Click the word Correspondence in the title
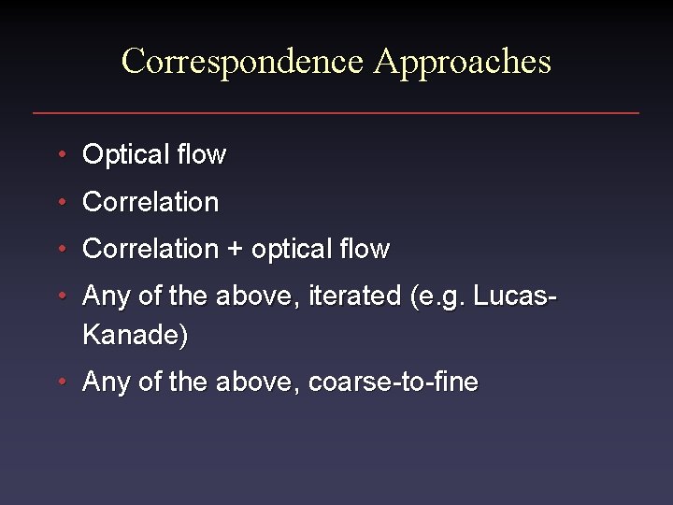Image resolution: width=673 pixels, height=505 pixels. pos(242,62)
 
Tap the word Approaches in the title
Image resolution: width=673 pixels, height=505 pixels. pos(462,62)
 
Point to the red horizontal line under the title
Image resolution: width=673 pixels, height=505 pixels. pos(336,113)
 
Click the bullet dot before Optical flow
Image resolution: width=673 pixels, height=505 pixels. pos(61,154)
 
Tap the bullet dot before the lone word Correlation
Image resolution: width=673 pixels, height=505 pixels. pos(61,202)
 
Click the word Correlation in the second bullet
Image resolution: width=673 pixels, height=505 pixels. pos(150,202)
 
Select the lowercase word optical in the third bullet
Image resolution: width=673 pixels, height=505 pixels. pos(294,250)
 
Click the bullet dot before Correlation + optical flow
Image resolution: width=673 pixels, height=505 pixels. pos(61,250)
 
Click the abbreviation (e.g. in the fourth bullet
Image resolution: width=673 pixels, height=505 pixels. pos(438,297)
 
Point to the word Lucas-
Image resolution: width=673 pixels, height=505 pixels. pos(516,296)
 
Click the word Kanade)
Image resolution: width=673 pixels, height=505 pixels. pos(135,335)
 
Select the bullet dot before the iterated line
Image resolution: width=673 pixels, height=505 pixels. pos(61,296)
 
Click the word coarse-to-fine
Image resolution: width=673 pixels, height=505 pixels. pos(393,382)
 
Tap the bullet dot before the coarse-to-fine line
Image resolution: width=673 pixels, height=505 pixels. pos(61,382)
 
